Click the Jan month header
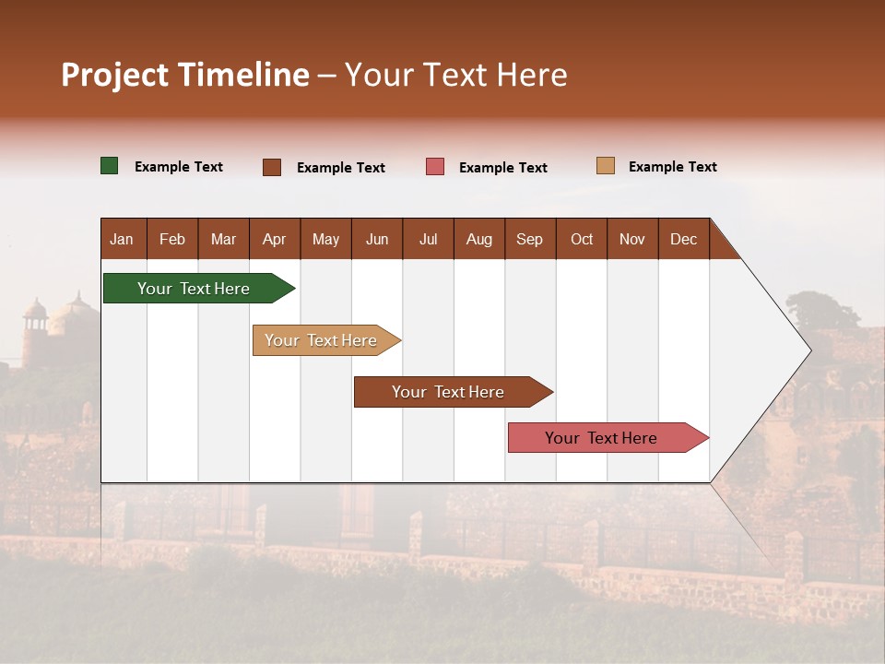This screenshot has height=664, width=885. [x=123, y=239]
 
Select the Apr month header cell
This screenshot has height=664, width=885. [x=275, y=239]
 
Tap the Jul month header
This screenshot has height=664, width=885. [x=428, y=239]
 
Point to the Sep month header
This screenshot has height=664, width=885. [x=530, y=239]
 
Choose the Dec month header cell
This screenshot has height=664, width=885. [x=683, y=239]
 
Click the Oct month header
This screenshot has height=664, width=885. [x=582, y=239]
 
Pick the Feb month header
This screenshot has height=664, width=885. [x=172, y=239]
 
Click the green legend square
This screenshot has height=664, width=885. [x=110, y=166]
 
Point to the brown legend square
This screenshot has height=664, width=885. [x=272, y=167]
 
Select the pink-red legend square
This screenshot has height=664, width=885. [x=435, y=167]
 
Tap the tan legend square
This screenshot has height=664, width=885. [x=605, y=166]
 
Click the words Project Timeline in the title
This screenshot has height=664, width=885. [x=185, y=75]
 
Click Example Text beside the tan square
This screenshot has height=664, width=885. [x=672, y=167]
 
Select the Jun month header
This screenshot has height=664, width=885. [x=377, y=239]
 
